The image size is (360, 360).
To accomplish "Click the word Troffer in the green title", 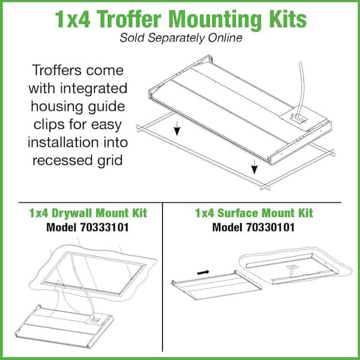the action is (130, 19).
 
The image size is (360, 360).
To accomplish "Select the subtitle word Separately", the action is (176, 38).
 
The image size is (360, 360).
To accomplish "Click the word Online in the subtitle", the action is (225, 38).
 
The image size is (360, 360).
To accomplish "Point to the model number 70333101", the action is (104, 227).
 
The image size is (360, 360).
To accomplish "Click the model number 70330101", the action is (270, 227).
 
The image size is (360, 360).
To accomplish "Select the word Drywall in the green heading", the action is (72, 213).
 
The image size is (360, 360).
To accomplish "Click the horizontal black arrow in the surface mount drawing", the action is (203, 272).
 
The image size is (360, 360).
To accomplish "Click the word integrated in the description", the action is (94, 89).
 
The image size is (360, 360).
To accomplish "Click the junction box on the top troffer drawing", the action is (298, 118).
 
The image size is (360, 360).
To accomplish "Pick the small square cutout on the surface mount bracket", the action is (291, 267).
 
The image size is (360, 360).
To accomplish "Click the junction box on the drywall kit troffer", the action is (95, 320).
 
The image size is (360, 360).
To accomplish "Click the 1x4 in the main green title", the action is (73, 20).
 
